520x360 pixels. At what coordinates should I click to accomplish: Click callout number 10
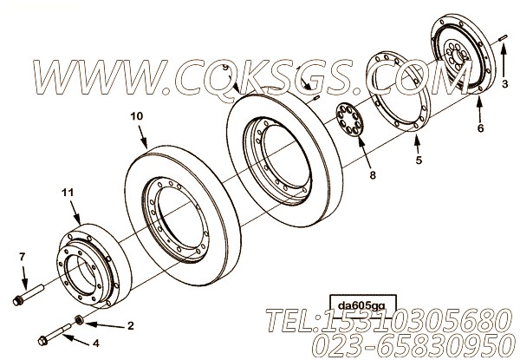pyautogui.click(x=135, y=115)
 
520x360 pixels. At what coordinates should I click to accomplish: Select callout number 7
pyautogui.click(x=22, y=256)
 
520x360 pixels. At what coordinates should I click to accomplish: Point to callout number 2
pyautogui.click(x=132, y=326)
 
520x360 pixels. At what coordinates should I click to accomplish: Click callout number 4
pyautogui.click(x=96, y=344)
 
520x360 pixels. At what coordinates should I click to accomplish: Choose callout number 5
pyautogui.click(x=419, y=160)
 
